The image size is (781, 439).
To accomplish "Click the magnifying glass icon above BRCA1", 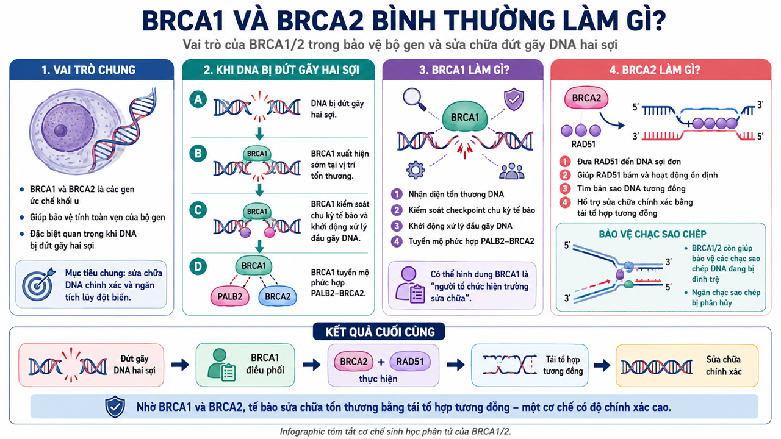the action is pyautogui.click(x=414, y=99).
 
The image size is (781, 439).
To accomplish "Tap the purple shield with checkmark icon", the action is pyautogui.click(x=514, y=99).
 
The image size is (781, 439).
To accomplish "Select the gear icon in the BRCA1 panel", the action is pyautogui.click(x=416, y=170).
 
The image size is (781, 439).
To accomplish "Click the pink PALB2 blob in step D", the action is pyautogui.click(x=230, y=296).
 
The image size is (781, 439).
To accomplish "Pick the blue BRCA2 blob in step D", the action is pyautogui.click(x=278, y=296).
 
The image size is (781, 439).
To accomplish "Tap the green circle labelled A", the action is pyautogui.click(x=198, y=99).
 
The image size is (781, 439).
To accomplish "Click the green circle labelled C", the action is pyautogui.click(x=198, y=210).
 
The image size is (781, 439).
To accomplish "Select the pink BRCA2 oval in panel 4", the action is pyautogui.click(x=586, y=98).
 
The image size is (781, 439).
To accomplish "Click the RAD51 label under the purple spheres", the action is pyautogui.click(x=583, y=144).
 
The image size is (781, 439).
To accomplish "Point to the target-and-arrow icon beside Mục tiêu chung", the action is pyautogui.click(x=38, y=285).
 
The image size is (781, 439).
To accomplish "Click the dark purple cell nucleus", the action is pyautogui.click(x=68, y=127).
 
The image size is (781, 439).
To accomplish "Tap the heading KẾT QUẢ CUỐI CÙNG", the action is pyautogui.click(x=380, y=332).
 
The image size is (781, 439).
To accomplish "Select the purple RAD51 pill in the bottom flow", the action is pyautogui.click(x=409, y=362).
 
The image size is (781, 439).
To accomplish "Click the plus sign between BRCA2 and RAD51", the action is pyautogui.click(x=381, y=362).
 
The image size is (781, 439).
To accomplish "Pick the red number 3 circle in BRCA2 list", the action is pyautogui.click(x=565, y=188).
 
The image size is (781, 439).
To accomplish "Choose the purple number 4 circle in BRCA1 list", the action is pyautogui.click(x=397, y=241).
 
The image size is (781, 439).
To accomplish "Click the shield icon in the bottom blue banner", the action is pyautogui.click(x=115, y=407).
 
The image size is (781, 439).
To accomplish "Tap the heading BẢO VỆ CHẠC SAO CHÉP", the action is pyautogui.click(x=652, y=234).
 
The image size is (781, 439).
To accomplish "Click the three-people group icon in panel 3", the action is pyautogui.click(x=512, y=171).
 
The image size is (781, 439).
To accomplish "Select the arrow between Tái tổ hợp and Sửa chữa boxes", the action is pyautogui.click(x=602, y=365).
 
